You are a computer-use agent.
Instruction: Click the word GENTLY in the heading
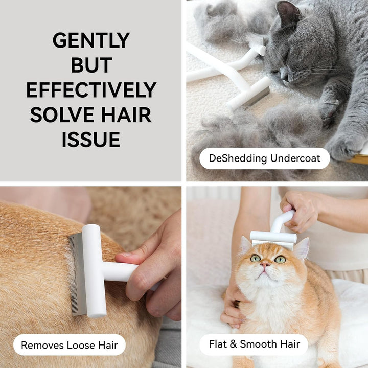91,40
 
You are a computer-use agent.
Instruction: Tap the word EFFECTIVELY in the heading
91,90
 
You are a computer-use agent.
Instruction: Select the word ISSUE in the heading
91,140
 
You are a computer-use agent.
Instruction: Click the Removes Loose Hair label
69,345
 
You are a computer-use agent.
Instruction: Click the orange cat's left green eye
256,258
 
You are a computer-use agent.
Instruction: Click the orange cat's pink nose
265,266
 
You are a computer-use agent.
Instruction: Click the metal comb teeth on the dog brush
77,276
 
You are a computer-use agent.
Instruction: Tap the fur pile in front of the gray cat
256,138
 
